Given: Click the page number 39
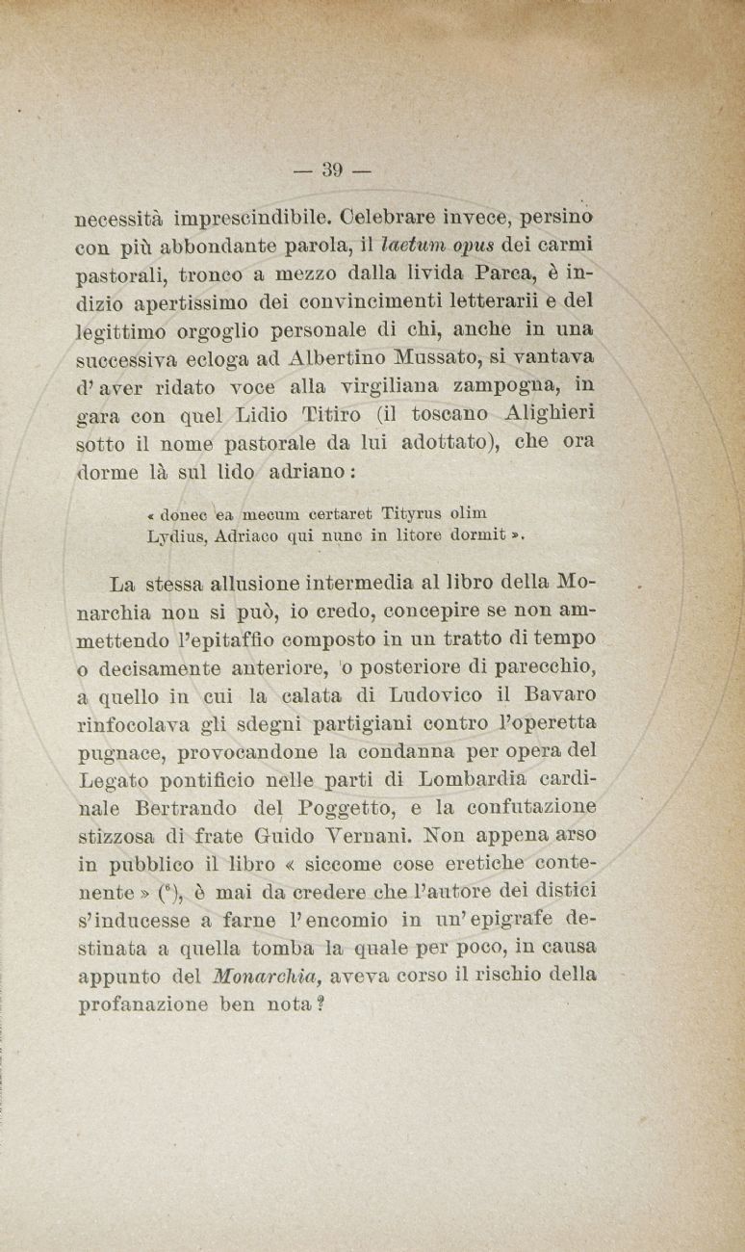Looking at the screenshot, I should tap(333, 170).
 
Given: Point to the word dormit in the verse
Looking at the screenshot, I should tap(478, 537).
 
